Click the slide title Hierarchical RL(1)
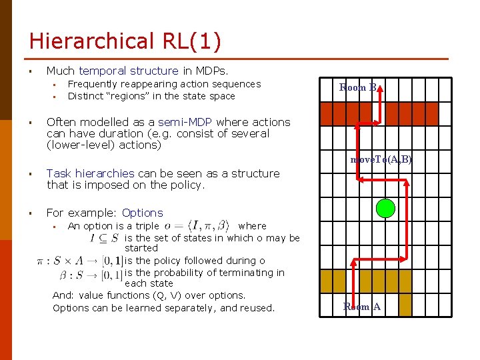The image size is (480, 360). (x=125, y=41)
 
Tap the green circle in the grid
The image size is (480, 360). (x=385, y=209)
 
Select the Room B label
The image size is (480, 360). (x=358, y=87)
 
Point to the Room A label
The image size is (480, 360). (x=362, y=307)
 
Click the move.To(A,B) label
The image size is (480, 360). (x=381, y=160)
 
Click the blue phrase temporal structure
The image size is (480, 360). (x=128, y=71)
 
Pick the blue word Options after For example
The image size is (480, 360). (x=142, y=213)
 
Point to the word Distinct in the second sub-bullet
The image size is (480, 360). (x=85, y=96)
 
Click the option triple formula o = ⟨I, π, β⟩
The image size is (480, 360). (x=197, y=226)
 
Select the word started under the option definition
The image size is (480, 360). (x=141, y=248)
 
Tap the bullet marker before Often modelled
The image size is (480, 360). (x=31, y=123)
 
